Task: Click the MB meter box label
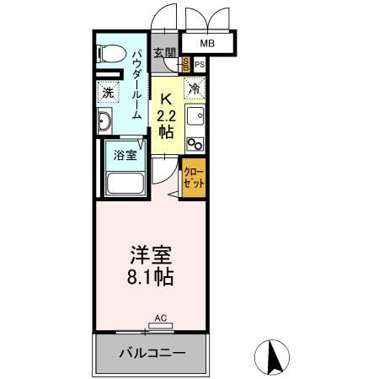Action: click(x=207, y=43)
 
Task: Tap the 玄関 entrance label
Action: click(x=165, y=54)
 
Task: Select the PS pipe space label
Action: click(x=200, y=64)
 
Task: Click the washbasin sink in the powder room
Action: click(x=104, y=124)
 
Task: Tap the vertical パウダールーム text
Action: click(x=137, y=84)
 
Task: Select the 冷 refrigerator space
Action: click(x=195, y=88)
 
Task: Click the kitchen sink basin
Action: click(x=196, y=115)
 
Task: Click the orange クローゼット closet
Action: click(x=193, y=177)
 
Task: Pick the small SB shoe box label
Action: click(x=186, y=64)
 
